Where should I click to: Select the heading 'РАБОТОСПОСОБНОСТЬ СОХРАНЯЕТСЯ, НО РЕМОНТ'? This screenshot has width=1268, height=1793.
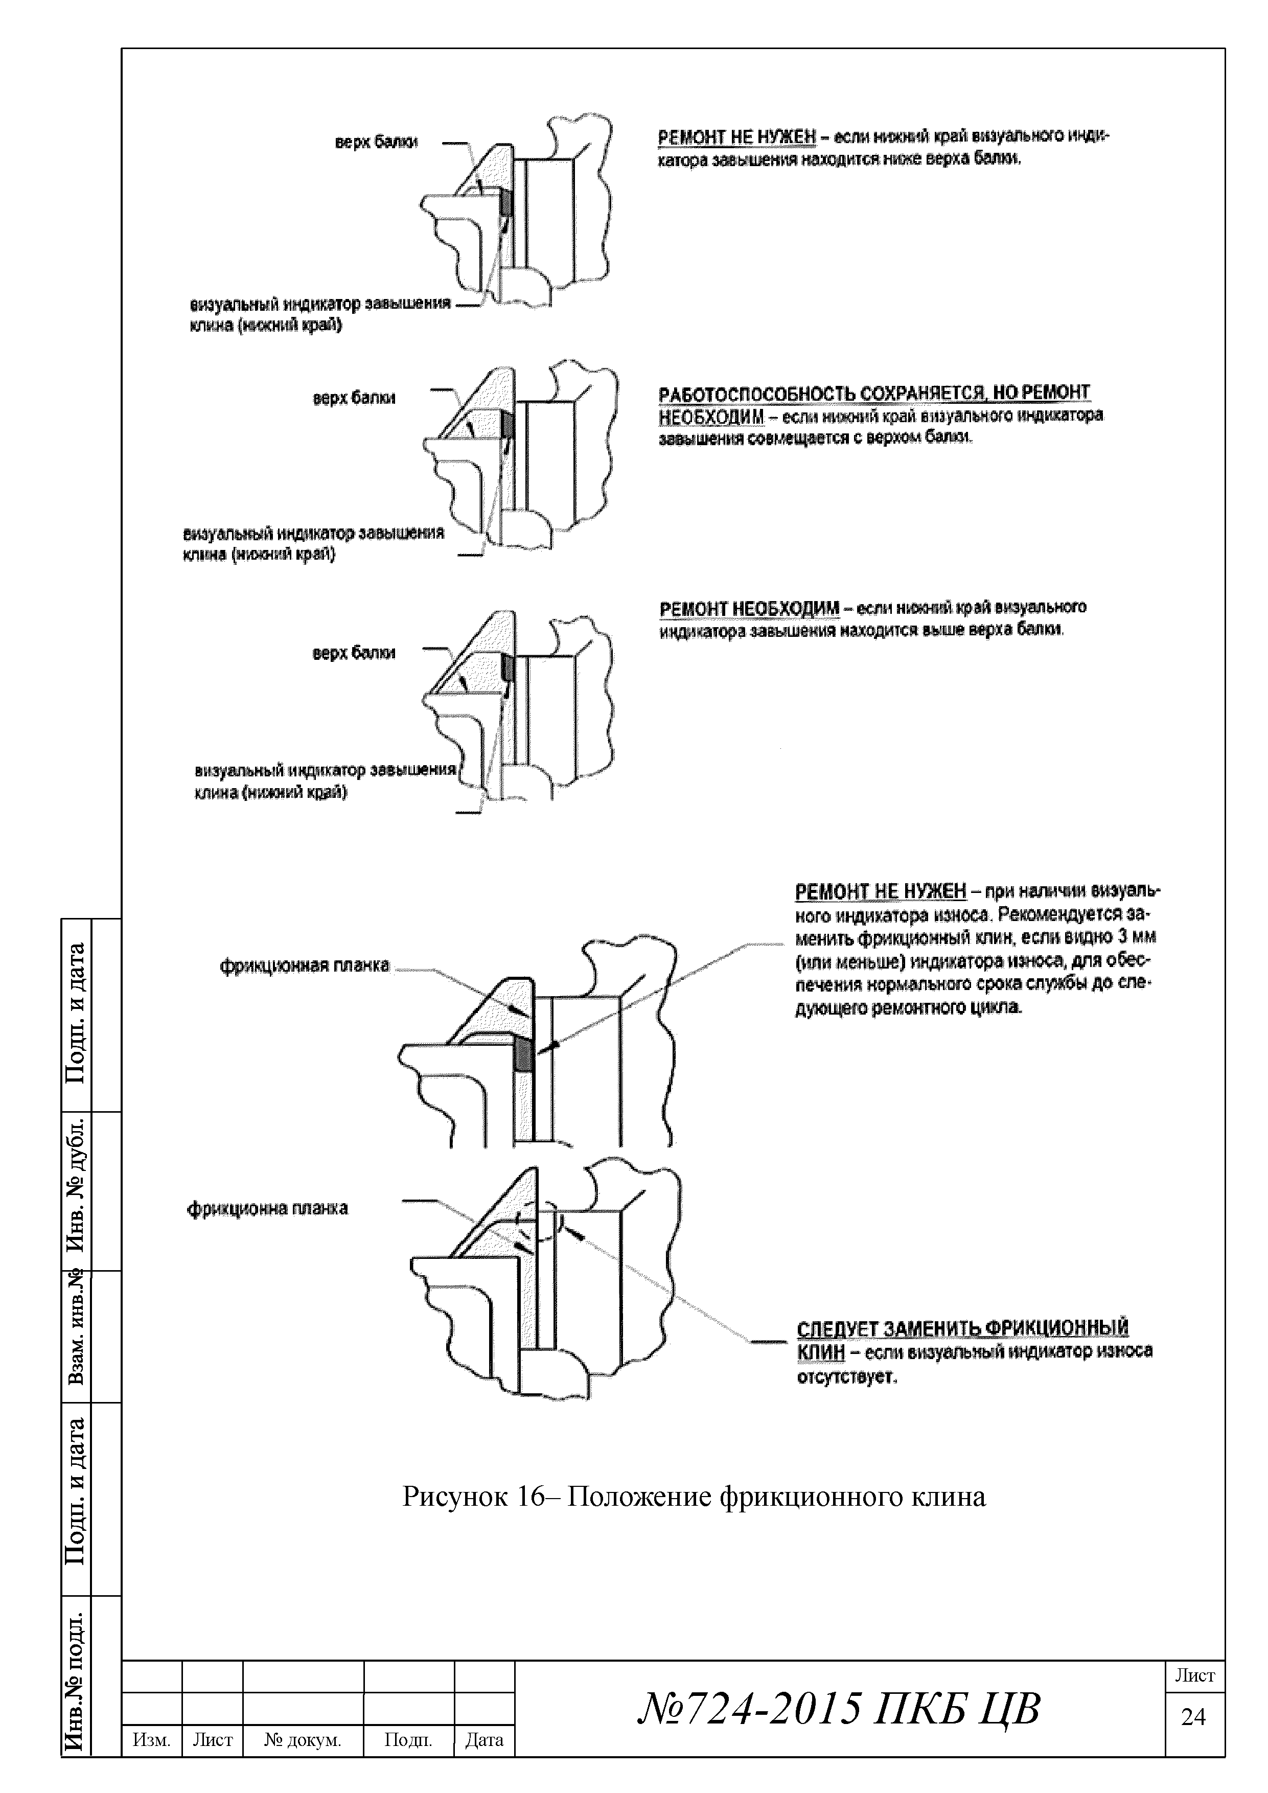click(874, 393)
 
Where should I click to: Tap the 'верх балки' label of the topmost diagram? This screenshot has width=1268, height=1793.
click(376, 143)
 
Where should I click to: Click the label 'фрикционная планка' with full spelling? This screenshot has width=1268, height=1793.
click(305, 966)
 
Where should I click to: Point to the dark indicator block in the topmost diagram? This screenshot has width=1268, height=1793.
click(505, 203)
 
